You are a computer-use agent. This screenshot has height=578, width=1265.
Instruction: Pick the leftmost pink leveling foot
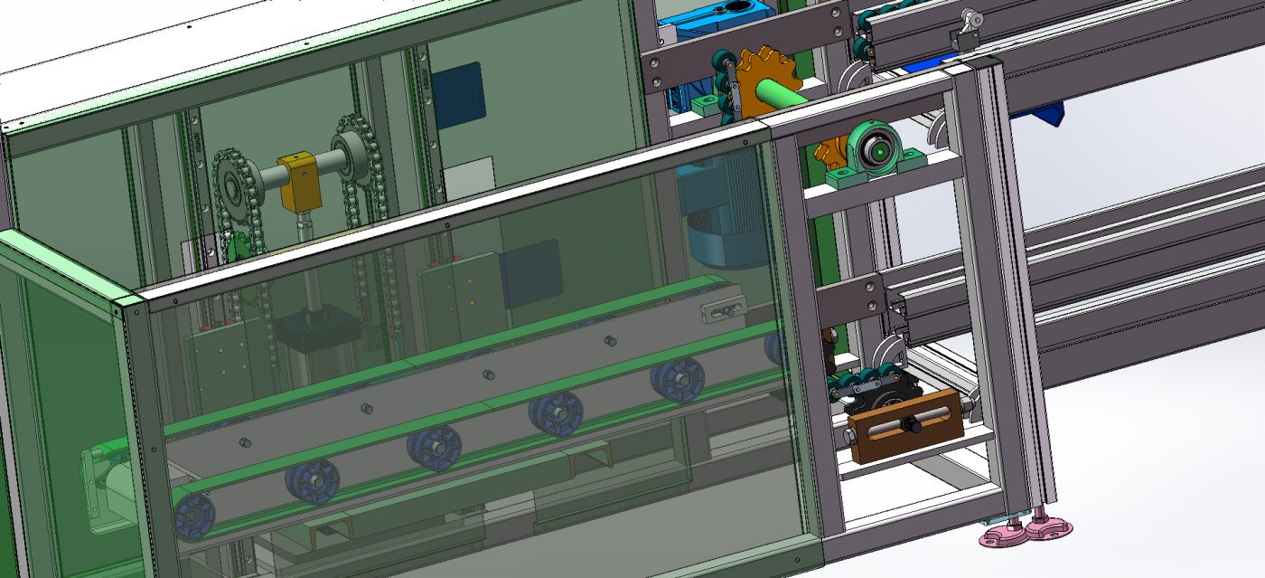point(1002,536)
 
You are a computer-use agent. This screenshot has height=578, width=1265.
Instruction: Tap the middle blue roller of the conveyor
point(434,448)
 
